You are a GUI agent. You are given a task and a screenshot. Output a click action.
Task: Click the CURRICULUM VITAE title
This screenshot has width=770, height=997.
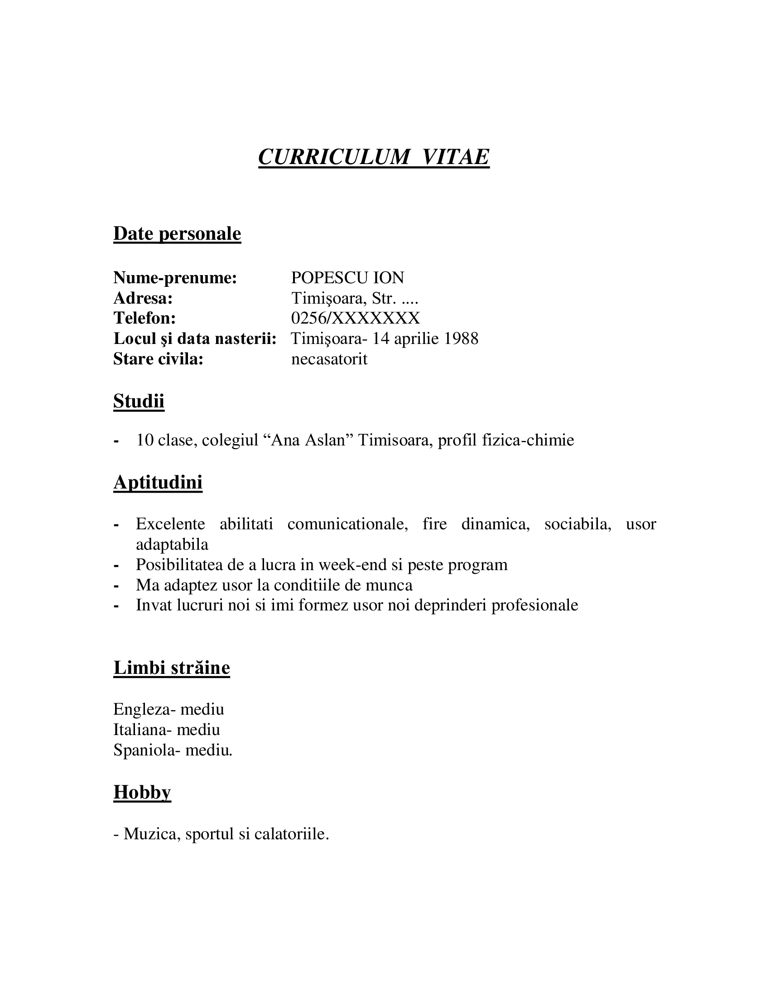coord(374,157)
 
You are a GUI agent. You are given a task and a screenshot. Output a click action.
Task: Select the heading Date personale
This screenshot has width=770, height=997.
coord(177,233)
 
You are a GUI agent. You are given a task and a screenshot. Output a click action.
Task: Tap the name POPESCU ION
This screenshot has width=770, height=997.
coord(347,277)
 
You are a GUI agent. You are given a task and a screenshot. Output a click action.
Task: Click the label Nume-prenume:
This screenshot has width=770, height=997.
coord(175,277)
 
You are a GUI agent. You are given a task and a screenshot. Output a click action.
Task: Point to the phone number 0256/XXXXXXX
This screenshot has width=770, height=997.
coord(356,318)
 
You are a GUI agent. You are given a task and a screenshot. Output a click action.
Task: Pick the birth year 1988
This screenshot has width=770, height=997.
coord(461,338)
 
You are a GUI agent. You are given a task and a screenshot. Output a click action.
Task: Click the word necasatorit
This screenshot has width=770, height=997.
coord(329,359)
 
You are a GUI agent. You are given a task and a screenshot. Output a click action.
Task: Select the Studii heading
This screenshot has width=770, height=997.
coord(139,401)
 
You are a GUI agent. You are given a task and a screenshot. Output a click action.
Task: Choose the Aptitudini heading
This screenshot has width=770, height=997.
coord(158,482)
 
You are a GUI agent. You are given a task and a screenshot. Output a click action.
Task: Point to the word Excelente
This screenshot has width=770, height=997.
coord(170,523)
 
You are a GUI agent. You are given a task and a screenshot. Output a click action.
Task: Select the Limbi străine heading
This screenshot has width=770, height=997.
coord(172,668)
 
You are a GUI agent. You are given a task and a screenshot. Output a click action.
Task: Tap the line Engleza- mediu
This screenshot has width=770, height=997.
coord(169,709)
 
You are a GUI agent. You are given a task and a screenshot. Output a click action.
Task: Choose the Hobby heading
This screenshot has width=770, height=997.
coord(142,792)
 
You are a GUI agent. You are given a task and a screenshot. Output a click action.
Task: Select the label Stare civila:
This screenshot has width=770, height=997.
coord(158,359)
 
